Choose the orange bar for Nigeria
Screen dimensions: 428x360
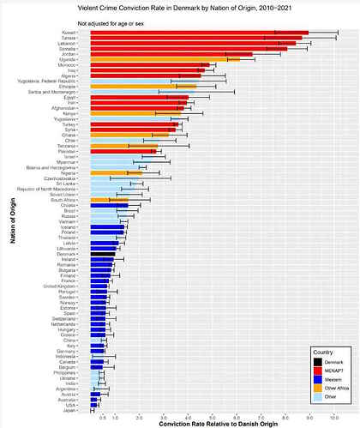[116, 173]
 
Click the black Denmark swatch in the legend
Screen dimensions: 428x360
[316, 363]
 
